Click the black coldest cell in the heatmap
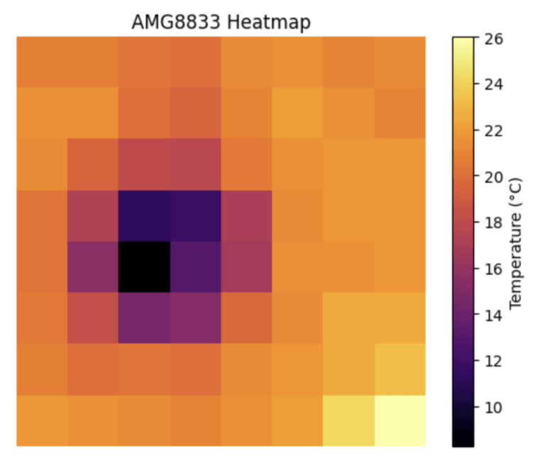coord(144,266)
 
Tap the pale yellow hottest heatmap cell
coord(400,420)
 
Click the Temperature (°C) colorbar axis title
coord(516,242)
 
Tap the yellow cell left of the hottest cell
coord(348,420)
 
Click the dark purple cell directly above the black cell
coord(144,215)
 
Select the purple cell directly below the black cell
coord(144,318)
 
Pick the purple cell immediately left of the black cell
coord(93,266)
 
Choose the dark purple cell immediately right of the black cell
coord(195,266)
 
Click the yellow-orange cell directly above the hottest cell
coord(400,369)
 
